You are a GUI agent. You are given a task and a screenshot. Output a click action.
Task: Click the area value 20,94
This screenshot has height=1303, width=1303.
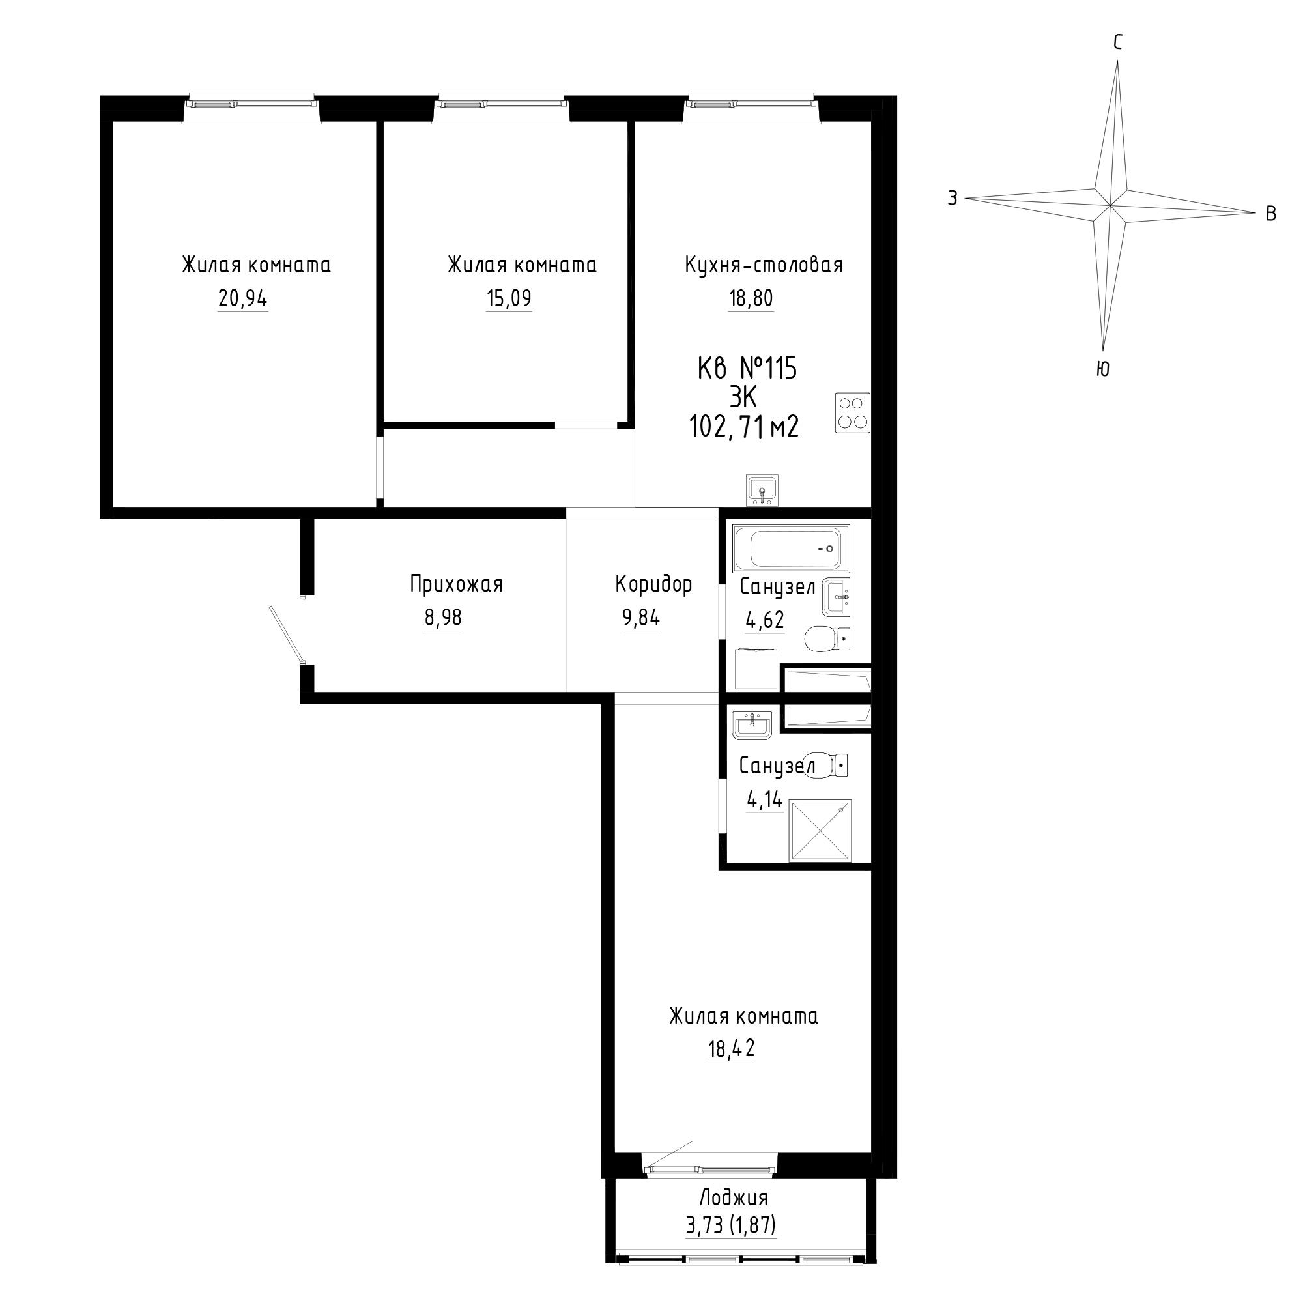click(x=243, y=299)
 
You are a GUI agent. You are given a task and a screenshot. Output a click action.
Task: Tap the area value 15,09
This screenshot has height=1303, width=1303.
click(x=509, y=299)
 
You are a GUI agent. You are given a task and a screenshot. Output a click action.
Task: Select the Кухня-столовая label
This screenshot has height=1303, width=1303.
click(x=764, y=265)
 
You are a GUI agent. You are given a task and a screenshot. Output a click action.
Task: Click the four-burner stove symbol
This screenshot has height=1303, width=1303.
click(x=852, y=413)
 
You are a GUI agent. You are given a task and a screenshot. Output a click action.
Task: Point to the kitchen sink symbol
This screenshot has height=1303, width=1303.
click(x=762, y=490)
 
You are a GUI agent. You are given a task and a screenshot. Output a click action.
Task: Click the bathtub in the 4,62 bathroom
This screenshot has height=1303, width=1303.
click(x=792, y=549)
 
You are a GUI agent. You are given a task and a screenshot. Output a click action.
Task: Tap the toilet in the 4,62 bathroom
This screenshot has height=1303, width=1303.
click(x=827, y=638)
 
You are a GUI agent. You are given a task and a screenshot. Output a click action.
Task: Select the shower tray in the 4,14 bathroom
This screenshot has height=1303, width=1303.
click(x=820, y=830)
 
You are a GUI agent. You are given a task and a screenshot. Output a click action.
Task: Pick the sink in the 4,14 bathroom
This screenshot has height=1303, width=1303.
click(x=752, y=726)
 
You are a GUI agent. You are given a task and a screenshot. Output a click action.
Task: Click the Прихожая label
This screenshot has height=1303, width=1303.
click(x=457, y=584)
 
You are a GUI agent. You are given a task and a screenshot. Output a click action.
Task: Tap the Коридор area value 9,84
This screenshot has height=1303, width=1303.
click(x=641, y=618)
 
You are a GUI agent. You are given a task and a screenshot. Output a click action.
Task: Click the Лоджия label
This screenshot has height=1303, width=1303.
click(x=734, y=1198)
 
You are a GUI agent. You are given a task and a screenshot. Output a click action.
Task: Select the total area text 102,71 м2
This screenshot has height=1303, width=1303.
click(x=745, y=427)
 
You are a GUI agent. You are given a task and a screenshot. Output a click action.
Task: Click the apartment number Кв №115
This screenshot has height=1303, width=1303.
click(x=747, y=369)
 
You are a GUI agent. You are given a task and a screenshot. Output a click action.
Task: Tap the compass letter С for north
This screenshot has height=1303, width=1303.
click(x=1117, y=43)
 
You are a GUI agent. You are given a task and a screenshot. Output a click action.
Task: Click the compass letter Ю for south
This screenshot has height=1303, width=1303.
click(x=1104, y=369)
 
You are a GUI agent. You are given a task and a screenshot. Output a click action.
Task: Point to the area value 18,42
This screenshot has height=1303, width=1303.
click(x=731, y=1049)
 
